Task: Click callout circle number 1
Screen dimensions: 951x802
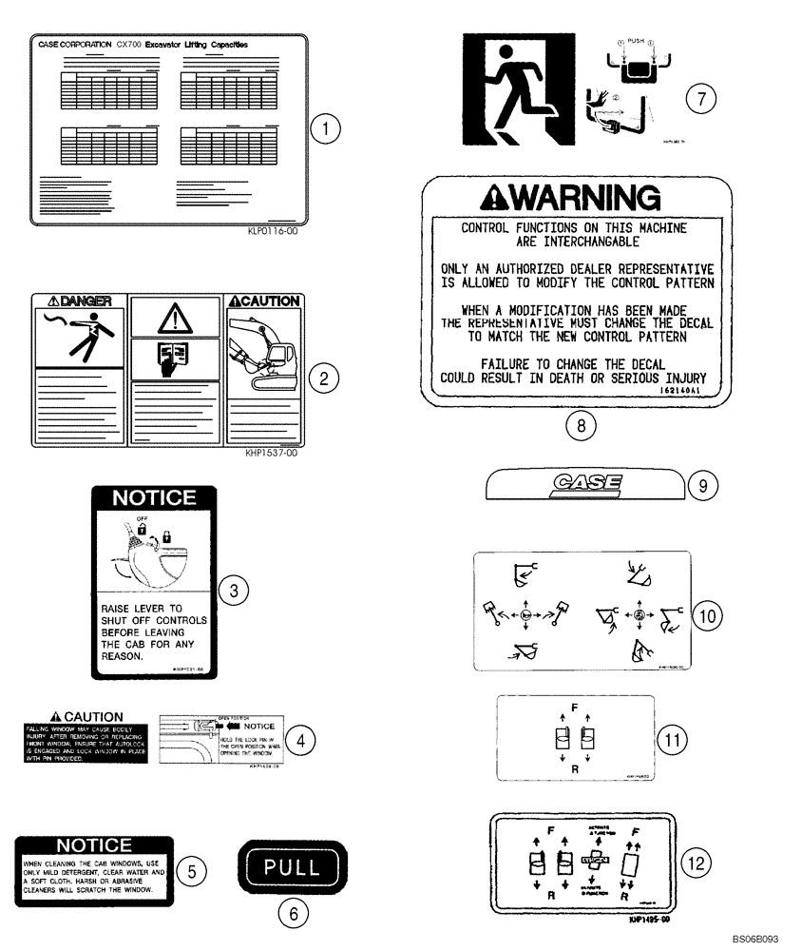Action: point(326,129)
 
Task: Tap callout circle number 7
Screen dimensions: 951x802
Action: point(699,98)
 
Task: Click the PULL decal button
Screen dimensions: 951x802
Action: point(293,867)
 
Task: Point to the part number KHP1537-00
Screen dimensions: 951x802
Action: point(271,454)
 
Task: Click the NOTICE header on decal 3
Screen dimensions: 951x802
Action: point(154,497)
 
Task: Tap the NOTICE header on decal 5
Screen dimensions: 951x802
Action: point(93,844)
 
